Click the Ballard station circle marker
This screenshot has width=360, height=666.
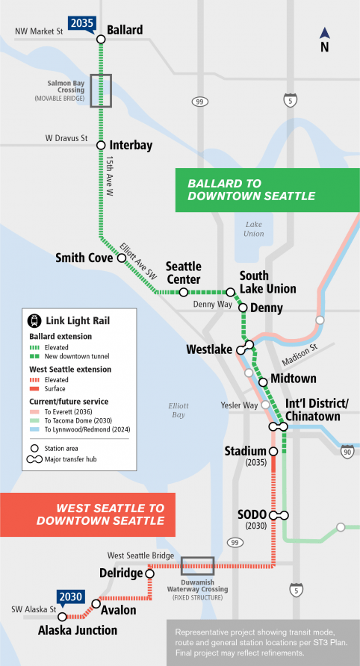coord(101,40)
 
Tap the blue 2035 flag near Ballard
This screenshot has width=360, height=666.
coord(82,24)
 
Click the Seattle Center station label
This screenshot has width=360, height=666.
coord(184,273)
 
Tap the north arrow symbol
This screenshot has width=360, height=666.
coord(325,38)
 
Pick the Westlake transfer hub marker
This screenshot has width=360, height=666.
coord(246,347)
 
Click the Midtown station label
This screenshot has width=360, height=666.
coord(294,379)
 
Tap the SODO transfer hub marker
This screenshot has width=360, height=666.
coord(279,515)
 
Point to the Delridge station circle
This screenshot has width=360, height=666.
coord(149,573)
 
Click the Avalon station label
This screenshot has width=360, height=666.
coord(119,610)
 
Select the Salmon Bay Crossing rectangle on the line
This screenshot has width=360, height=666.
coord(101,90)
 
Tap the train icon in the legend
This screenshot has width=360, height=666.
coord(34,321)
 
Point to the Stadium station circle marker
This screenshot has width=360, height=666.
coord(273,452)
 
